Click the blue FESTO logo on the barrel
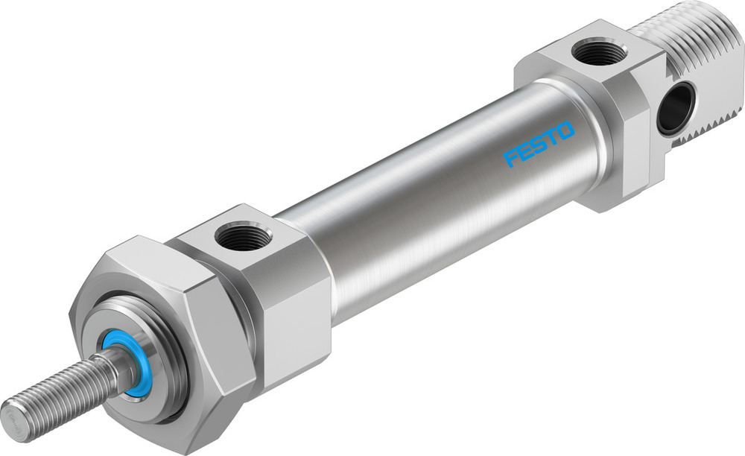click(539, 144)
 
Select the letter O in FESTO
click(565, 131)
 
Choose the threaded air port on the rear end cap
click(600, 53)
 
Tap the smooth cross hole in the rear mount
click(676, 108)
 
